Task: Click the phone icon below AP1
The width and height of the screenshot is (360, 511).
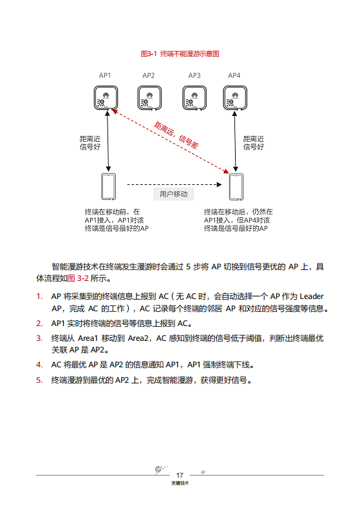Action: [x=108, y=186]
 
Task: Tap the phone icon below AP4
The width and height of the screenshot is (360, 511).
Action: [x=235, y=186]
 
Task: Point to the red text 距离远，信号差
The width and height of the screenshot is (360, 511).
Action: [x=176, y=135]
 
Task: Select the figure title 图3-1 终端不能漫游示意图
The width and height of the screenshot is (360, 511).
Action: [x=180, y=54]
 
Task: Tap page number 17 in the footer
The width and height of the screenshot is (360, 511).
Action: [x=180, y=475]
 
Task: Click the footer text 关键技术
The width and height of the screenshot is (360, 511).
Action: [x=180, y=483]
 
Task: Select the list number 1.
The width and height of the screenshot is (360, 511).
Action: [x=39, y=296]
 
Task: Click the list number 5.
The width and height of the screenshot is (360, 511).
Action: [x=39, y=380]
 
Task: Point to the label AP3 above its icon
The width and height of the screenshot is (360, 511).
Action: [x=194, y=75]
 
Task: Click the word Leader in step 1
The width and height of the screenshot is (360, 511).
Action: [x=312, y=296]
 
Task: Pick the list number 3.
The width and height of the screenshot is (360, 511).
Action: [x=39, y=338]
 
